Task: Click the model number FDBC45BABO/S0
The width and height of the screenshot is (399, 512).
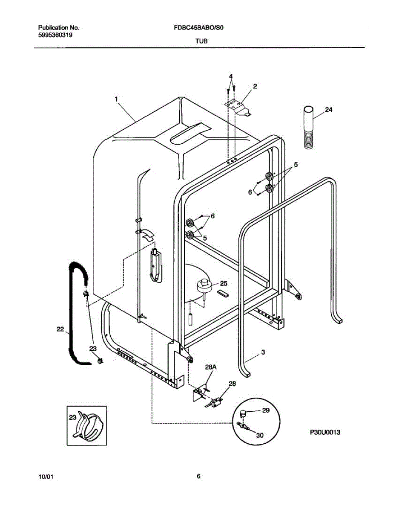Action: click(x=199, y=28)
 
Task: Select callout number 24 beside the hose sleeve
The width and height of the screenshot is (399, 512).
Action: click(x=328, y=110)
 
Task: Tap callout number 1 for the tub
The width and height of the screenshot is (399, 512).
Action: click(x=116, y=99)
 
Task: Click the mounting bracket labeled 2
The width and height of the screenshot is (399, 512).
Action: click(x=239, y=107)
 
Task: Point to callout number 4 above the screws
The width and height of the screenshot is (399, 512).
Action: click(x=231, y=77)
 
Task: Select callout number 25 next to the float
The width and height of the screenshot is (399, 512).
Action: click(x=224, y=283)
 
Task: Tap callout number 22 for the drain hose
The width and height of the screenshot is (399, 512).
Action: click(x=60, y=329)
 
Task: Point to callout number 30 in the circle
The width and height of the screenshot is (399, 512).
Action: click(x=259, y=435)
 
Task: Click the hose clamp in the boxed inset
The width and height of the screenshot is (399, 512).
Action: click(x=89, y=426)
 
